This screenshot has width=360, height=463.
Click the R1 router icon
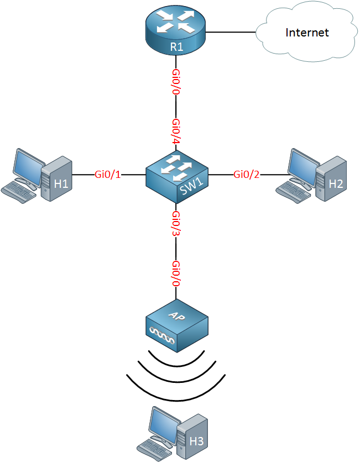pos(176,31)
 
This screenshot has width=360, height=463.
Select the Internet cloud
pos(306,33)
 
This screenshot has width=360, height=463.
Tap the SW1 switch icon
pos(177,177)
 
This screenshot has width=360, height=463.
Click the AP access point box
pos(177,325)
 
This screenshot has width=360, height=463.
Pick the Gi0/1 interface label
pos(108,175)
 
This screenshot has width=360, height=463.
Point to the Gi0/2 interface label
pos(247,175)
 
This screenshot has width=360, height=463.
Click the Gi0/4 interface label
pos(176,131)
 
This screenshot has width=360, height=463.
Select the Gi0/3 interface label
pos(176,224)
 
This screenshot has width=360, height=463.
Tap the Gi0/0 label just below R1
pos(176,82)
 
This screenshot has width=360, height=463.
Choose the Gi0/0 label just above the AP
pos(176,273)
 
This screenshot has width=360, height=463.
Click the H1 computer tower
pos(56,179)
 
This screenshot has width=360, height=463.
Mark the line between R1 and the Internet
pos(231,32)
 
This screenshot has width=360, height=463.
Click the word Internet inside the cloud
pos(307,33)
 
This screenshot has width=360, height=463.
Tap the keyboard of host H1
pos(19,191)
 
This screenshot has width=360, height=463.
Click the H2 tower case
pos(331,179)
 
